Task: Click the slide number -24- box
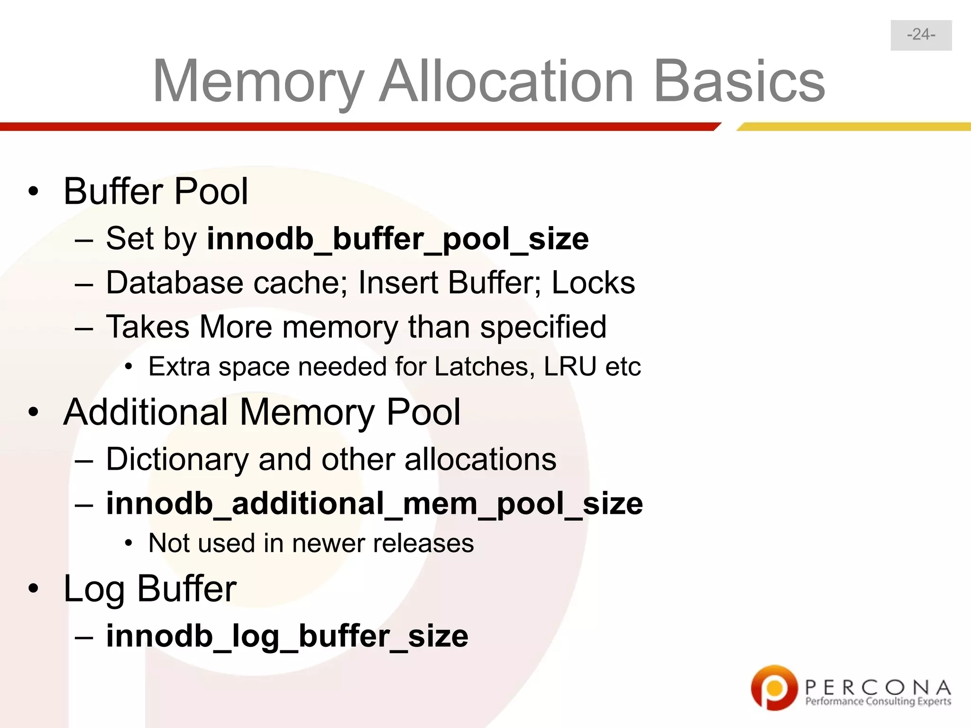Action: (x=921, y=35)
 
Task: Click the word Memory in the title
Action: (x=258, y=82)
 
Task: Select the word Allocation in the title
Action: (x=506, y=82)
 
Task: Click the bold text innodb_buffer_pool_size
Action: (x=398, y=238)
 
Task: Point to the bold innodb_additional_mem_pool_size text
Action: (x=374, y=503)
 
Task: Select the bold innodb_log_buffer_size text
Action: (x=287, y=636)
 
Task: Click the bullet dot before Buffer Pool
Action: (x=33, y=192)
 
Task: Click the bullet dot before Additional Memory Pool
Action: (x=33, y=412)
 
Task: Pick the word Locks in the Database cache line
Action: (x=593, y=283)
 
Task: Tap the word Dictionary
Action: (x=177, y=460)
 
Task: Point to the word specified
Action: (x=543, y=328)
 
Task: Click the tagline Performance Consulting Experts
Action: (x=878, y=701)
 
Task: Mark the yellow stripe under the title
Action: (x=853, y=127)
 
